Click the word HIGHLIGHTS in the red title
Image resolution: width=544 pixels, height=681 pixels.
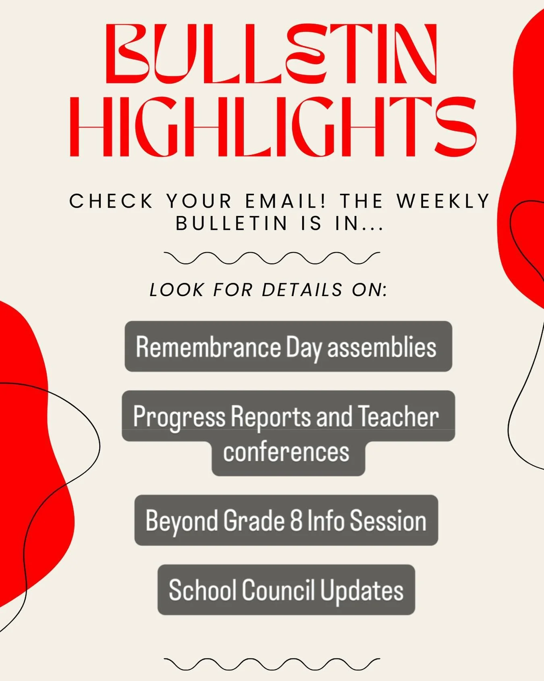[273, 127]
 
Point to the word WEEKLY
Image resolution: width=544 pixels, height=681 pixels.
[443, 201]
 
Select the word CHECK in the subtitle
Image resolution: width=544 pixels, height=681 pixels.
[111, 201]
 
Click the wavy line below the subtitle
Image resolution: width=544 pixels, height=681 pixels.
[272, 258]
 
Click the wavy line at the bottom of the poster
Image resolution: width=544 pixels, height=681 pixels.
[272, 664]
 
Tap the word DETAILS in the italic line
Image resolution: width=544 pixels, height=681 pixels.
[302, 290]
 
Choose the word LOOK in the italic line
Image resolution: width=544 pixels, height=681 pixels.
[176, 290]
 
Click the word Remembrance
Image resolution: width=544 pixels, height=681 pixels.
[208, 347]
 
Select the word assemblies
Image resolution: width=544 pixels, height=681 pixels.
[382, 347]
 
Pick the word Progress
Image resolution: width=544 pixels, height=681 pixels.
[179, 417]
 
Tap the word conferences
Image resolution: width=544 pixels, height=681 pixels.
[286, 452]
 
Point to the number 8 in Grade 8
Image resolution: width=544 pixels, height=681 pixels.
[296, 520]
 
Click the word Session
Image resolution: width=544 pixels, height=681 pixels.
[388, 520]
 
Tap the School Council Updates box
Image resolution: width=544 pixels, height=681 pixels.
[286, 590]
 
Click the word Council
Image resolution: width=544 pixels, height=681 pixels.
[278, 590]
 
